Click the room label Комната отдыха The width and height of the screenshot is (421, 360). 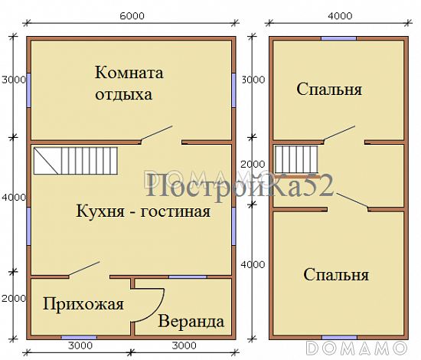tap(129, 83)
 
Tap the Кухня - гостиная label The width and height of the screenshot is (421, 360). tap(144, 211)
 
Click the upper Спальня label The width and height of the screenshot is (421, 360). tap(329, 90)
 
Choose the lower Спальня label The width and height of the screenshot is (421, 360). tap(337, 274)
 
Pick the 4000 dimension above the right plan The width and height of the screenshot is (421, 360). tap(338, 15)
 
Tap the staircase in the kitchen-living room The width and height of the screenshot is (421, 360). tap(77, 161)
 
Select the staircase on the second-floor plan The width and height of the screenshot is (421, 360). tap(296, 159)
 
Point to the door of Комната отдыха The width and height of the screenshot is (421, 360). tap(158, 133)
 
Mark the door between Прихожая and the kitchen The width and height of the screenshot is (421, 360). tap(83, 269)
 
